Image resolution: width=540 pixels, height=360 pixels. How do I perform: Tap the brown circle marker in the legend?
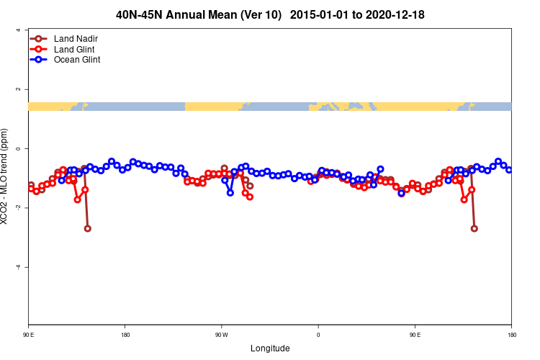pos(39,38)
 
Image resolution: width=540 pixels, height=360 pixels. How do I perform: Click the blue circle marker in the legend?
pos(39,60)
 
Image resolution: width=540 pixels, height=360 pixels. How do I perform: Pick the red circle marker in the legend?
pos(39,49)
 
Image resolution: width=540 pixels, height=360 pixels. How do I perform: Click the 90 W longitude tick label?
pos(221,335)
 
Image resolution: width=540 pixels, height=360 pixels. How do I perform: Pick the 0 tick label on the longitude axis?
pos(318,335)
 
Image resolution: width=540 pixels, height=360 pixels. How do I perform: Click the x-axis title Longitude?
pos(270,348)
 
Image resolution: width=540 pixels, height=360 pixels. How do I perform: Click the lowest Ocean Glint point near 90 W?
pos(230,192)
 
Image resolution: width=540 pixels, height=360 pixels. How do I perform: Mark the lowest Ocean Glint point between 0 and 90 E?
pos(401,193)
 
